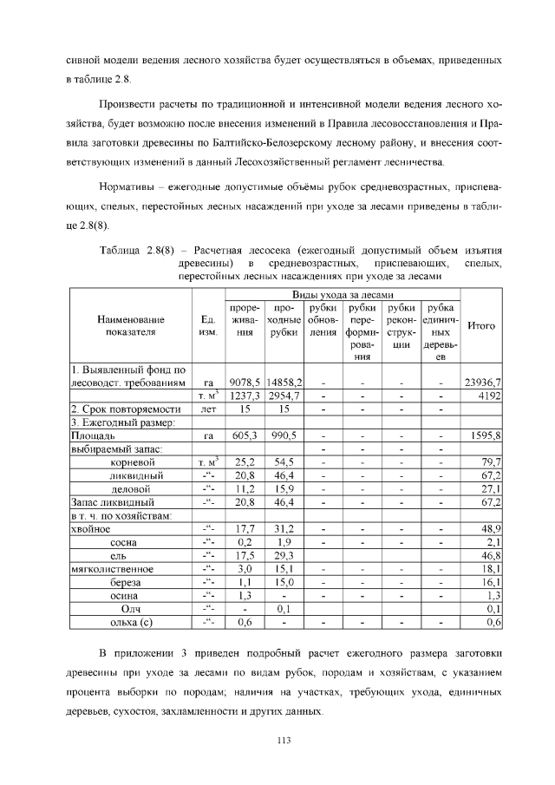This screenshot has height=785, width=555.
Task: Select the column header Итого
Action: click(x=481, y=326)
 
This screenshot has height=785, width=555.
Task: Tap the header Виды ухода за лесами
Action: click(x=342, y=296)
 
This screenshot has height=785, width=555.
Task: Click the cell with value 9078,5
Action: click(x=246, y=382)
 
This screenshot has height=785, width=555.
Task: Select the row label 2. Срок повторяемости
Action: click(x=125, y=409)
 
